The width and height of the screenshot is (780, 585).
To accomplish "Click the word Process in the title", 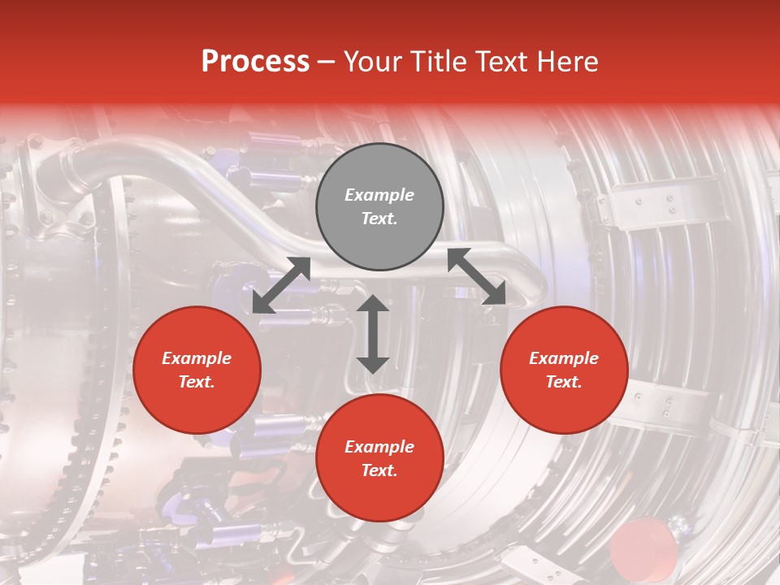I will [255, 62].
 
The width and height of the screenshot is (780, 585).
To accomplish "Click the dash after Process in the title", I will [326, 63].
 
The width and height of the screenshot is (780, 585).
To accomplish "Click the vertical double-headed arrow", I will [373, 334].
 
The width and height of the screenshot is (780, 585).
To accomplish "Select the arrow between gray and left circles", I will [281, 285].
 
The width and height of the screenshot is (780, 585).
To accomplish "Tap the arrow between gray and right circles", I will [477, 277].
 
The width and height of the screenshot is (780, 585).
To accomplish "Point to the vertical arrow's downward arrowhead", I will [373, 364].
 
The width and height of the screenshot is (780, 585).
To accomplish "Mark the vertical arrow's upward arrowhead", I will [373, 304].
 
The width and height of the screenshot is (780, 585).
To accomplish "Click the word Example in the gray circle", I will [379, 195].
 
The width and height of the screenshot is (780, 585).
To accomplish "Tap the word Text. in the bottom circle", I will [379, 470].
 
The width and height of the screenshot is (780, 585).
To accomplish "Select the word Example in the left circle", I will [197, 358].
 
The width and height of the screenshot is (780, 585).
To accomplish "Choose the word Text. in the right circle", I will [564, 382].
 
